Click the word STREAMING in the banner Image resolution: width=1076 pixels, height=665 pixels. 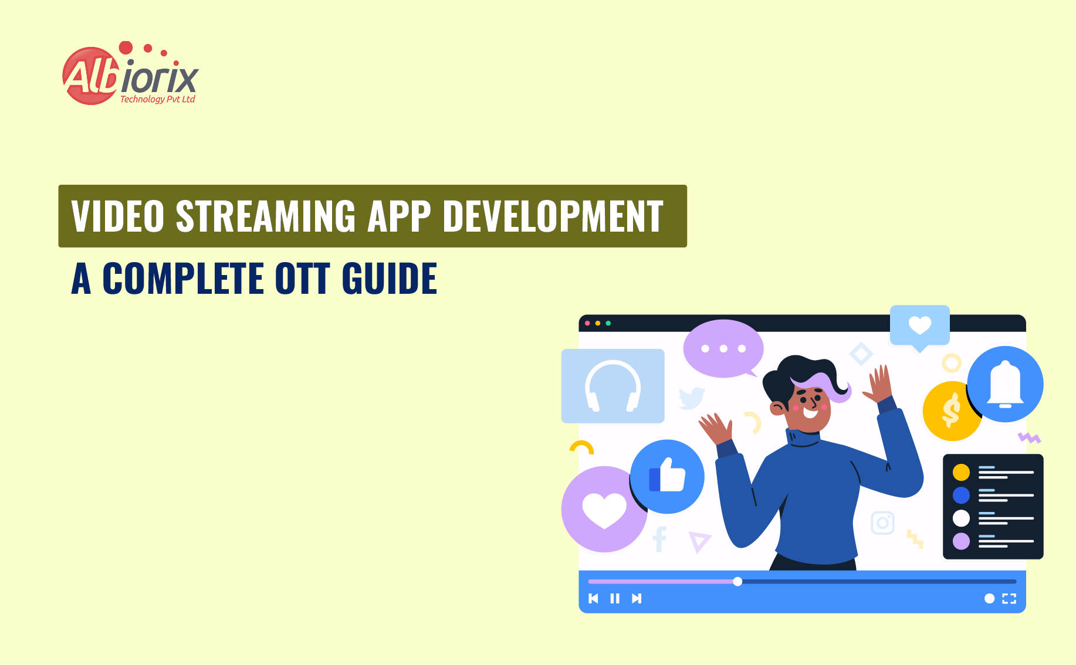coord(265,216)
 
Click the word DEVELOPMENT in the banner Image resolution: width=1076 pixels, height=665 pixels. coord(553,216)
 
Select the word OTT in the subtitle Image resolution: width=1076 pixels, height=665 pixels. coord(302,279)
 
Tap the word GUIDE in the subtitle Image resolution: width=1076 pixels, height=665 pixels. coord(389,279)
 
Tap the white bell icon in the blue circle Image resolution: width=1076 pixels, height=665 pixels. coord(1005,384)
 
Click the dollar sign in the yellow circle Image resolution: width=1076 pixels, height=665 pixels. coord(950,410)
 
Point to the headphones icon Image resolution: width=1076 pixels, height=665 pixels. coord(613,386)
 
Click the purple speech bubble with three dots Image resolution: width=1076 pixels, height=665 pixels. coord(723,348)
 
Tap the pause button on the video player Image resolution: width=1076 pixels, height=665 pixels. coord(615,598)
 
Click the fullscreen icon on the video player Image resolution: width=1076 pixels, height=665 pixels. coord(1009,598)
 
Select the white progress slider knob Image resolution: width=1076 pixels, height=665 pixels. coord(737,581)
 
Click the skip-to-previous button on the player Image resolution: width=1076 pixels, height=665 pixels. coord(593,598)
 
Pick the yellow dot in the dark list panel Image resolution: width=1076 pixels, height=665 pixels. coord(961,472)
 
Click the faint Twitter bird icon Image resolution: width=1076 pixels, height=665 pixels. coord(692,398)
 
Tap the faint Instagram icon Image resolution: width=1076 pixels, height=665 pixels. coord(882,522)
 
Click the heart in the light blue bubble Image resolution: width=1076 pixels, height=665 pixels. coord(919,325)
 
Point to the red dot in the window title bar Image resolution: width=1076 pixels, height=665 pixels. coord(587,323)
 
